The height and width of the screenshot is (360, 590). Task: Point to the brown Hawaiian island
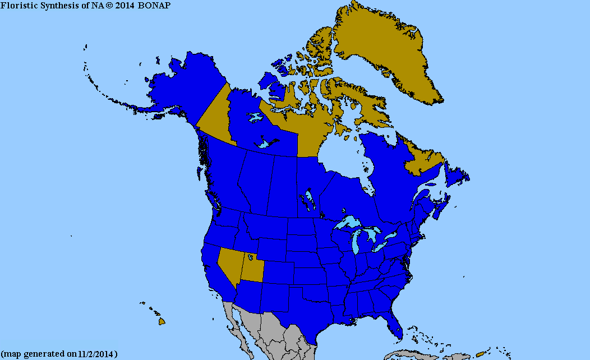pyautogui.click(x=162, y=321)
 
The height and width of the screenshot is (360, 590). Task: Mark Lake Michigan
pyautogui.click(x=357, y=244)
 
